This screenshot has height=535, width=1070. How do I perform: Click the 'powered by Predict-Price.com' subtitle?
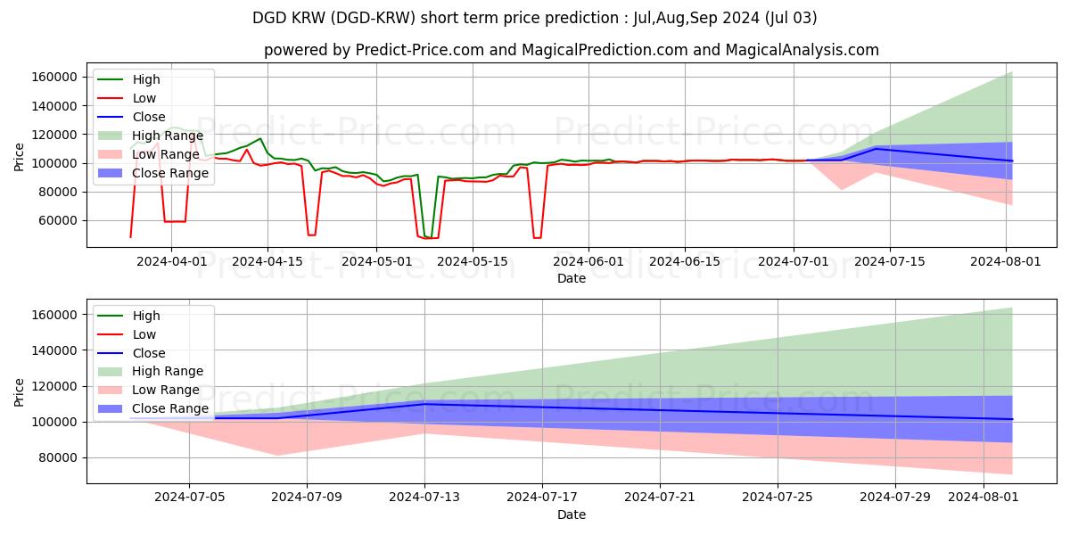[571, 50]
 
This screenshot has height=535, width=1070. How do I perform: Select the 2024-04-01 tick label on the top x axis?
[171, 261]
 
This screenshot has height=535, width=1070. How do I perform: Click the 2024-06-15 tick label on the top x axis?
[684, 261]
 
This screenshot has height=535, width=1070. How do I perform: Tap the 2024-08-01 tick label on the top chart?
[1007, 261]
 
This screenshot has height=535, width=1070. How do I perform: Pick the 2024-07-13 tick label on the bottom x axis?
[424, 498]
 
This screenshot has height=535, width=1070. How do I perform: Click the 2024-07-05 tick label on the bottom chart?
[188, 498]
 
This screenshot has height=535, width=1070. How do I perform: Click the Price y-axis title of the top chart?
[20, 158]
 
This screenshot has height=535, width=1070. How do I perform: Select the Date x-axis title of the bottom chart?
[571, 514]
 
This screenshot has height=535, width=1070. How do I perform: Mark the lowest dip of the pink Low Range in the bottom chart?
[276, 456]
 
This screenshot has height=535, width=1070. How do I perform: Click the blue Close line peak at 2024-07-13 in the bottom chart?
[424, 404]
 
